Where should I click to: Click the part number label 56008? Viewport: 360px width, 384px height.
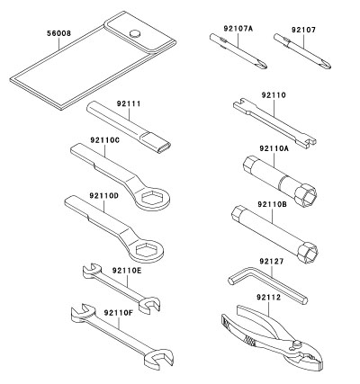[x=58, y=33]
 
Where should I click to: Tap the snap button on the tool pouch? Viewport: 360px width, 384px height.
[x=135, y=33]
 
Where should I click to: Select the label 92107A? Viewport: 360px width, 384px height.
[x=238, y=29]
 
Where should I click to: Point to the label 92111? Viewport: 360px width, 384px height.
[x=129, y=103]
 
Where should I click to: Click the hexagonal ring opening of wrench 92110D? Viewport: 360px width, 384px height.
[x=147, y=249]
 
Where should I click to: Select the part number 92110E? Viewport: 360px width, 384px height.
[x=127, y=271]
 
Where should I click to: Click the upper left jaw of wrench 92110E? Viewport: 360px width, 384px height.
[x=91, y=270]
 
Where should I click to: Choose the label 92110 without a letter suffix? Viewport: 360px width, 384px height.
[x=274, y=95]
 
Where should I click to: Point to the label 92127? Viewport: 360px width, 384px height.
[x=272, y=262]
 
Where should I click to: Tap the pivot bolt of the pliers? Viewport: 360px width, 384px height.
[x=297, y=344]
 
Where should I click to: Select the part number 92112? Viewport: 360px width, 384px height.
[x=268, y=297]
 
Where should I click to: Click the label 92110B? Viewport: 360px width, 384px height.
[x=272, y=204]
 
